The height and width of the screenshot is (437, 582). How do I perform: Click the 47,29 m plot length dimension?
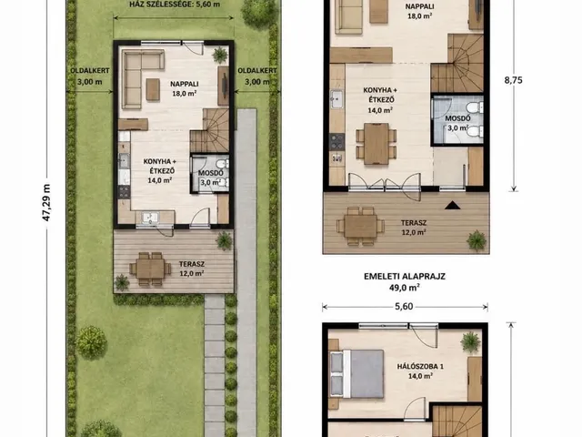pos(46,202)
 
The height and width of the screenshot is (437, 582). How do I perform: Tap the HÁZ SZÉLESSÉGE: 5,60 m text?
pos(175,5)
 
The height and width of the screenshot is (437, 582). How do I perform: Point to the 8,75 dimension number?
pos(513,80)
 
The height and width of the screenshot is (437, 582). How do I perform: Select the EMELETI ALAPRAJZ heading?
pos(404,277)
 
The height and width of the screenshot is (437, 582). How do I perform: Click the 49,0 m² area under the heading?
pos(404,288)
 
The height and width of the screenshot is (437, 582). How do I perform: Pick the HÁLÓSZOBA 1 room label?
pos(420,366)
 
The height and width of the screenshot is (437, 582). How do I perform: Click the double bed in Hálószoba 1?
pos(356,373)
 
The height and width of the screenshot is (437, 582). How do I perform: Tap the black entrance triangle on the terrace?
pos(453,205)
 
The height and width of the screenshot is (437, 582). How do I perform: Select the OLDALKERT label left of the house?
pos(90,70)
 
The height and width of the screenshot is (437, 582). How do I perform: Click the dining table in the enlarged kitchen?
pos(376,144)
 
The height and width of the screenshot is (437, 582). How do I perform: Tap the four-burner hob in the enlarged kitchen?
pos(337,142)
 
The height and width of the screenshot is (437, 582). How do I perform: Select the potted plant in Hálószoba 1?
pos(471,342)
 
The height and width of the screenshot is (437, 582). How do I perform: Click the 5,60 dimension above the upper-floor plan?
pos(404,307)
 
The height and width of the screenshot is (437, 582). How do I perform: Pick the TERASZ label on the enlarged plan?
pos(414,223)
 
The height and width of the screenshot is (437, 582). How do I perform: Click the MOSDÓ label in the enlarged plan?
pos(457,118)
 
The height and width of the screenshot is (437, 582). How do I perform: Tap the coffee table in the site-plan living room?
pos(153,89)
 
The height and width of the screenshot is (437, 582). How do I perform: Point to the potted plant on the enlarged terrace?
pos(477,240)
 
